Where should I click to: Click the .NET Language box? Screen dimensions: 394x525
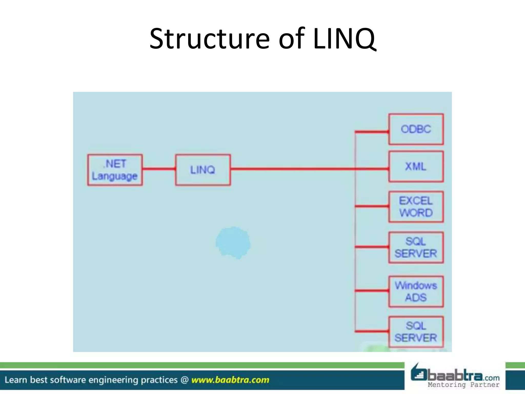tap(115, 170)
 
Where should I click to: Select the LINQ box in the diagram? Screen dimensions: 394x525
tap(203, 170)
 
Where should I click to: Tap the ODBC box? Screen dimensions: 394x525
tap(416, 129)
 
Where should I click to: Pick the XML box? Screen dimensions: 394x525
tap(416, 167)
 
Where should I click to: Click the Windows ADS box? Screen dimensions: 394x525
tap(416, 291)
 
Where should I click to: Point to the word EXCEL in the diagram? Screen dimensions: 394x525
tap(416, 201)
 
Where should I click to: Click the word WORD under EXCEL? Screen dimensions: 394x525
tap(416, 213)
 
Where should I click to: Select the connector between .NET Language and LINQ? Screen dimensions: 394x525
tap(159, 169)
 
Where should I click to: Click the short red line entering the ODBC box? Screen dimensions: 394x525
tap(372, 132)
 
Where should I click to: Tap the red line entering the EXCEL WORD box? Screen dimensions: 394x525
tap(372, 206)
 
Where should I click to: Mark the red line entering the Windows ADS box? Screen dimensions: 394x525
tap(372, 291)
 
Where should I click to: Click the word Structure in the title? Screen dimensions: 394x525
tap(209, 39)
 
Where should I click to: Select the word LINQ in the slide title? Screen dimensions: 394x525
tap(344, 39)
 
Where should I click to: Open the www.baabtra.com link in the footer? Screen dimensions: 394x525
tap(230, 380)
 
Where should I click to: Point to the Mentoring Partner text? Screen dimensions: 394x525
tap(463, 385)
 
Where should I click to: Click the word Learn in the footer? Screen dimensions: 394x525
tap(16, 380)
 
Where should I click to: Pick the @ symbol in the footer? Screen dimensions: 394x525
tap(185, 380)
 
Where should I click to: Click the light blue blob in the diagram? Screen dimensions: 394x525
tap(233, 243)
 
